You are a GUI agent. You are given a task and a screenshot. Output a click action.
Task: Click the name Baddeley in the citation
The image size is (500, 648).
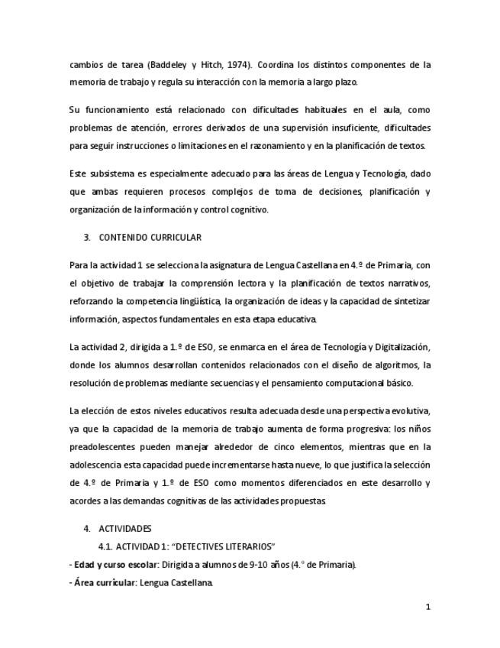pyautogui.click(x=166, y=65)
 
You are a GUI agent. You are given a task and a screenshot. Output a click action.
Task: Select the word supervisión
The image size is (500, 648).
pyautogui.click(x=309, y=128)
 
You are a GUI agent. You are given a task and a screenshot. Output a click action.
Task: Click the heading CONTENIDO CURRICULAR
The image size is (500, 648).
pyautogui.click(x=150, y=238)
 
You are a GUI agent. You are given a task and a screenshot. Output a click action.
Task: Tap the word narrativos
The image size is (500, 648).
pyautogui.click(x=408, y=283)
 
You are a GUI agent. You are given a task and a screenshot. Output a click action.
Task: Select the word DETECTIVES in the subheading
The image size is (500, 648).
pyautogui.click(x=195, y=546)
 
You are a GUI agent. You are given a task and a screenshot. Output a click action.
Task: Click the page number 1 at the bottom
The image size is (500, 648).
pyautogui.click(x=428, y=607)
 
